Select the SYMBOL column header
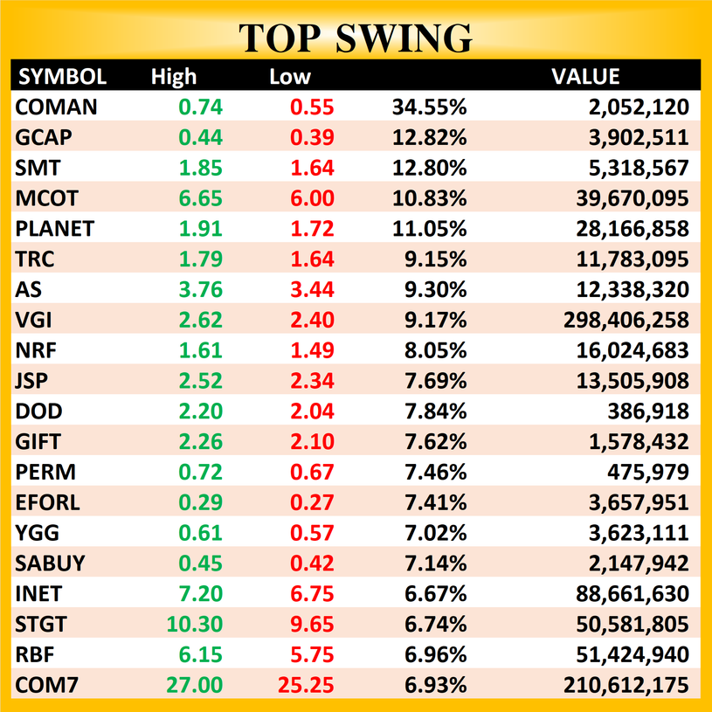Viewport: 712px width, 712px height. click(x=62, y=77)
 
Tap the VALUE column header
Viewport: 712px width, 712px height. click(x=585, y=77)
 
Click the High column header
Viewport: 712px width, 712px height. click(x=174, y=77)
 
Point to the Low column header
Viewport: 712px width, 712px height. click(x=289, y=77)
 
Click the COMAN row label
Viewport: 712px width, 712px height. click(x=57, y=107)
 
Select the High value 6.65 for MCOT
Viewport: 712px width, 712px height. click(x=201, y=198)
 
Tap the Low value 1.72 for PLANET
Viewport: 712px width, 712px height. click(x=312, y=229)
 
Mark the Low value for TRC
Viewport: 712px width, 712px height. click(x=312, y=259)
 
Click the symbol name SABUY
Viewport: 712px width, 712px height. click(x=52, y=563)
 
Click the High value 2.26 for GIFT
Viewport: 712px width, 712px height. click(x=201, y=442)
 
